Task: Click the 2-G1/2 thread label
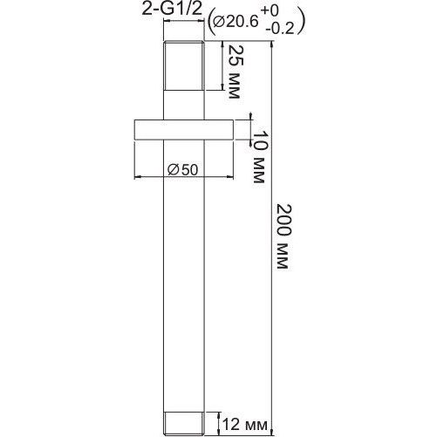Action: [x=172, y=10]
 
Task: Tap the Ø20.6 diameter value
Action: [x=236, y=22]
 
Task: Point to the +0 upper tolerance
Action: [x=270, y=11]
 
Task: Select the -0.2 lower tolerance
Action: [x=280, y=29]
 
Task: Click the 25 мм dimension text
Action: [x=236, y=72]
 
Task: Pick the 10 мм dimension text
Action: [x=259, y=157]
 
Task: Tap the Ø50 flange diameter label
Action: [x=183, y=170]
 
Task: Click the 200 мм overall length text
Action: [x=283, y=236]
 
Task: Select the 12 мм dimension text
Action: [x=244, y=425]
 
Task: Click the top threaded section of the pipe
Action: [x=184, y=65]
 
